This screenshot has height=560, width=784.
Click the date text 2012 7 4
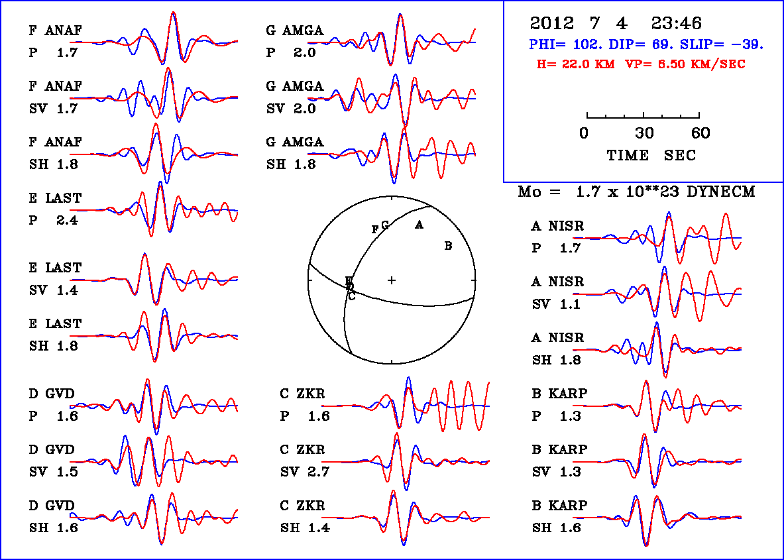pos(579,24)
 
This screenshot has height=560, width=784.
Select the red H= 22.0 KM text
pos(576,64)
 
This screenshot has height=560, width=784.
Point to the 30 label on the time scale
pos(644,133)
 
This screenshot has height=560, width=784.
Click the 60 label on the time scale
pos(700,133)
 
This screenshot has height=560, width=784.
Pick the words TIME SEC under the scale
pos(651,155)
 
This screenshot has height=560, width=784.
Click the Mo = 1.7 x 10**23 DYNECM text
pos(636,192)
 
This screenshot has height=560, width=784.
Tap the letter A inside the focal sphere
pos(419,225)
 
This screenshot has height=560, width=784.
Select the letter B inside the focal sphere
pos(448,247)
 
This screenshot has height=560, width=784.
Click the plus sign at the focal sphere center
pos(392,280)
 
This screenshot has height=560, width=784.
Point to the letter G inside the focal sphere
pos(384,224)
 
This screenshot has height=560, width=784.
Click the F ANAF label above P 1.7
pos(56,30)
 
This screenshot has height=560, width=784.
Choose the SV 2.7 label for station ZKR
pos(304,472)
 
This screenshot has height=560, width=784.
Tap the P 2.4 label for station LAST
pos(53,221)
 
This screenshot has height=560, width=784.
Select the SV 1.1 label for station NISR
pos(557,304)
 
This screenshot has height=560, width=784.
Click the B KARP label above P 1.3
pos(559,394)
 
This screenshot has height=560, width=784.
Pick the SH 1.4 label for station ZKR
pos(304,528)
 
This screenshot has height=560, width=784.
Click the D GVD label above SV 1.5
pos(51,450)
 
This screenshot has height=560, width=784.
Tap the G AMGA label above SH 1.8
pos(295,142)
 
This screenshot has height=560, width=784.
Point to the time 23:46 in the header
pos(676,24)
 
